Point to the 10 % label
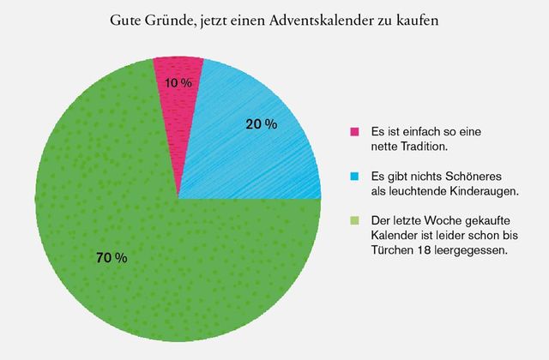pyautogui.click(x=178, y=83)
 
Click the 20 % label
pyautogui.click(x=261, y=125)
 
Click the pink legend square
pyautogui.click(x=354, y=132)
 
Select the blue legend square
pyautogui.click(x=354, y=177)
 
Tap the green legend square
pyautogui.click(x=354, y=220)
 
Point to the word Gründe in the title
pyautogui.click(x=166, y=20)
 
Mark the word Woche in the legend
pyautogui.click(x=437, y=220)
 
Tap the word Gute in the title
pyautogui.click(x=125, y=20)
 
